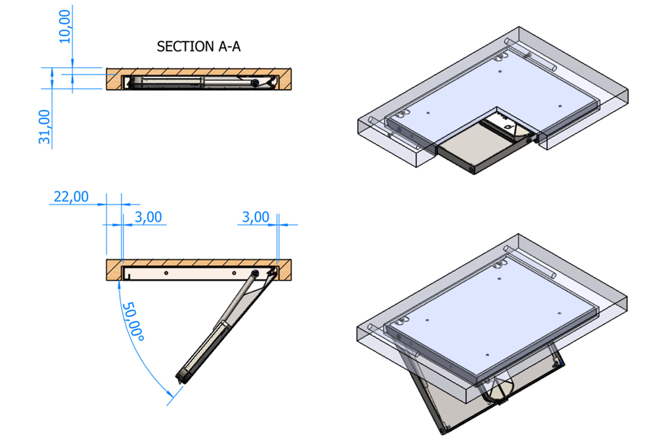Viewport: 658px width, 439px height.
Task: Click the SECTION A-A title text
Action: click(198, 47)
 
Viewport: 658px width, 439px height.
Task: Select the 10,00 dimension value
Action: click(64, 26)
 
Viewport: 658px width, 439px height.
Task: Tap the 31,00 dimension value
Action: click(45, 127)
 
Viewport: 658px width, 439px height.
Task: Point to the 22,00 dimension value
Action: click(71, 197)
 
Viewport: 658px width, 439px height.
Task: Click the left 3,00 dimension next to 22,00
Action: click(148, 217)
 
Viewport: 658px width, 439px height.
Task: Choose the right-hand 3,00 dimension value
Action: click(256, 217)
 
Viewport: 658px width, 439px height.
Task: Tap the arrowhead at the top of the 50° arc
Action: click(119, 284)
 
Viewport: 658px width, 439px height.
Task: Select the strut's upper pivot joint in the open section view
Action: click(255, 274)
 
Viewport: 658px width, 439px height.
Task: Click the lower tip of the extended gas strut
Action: click(180, 380)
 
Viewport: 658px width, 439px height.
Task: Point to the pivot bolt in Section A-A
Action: click(254, 82)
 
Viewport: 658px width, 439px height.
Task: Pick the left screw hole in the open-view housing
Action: click(166, 273)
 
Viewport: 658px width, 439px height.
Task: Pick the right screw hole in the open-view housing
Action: click(234, 273)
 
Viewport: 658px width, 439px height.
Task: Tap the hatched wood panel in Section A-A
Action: click(197, 72)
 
